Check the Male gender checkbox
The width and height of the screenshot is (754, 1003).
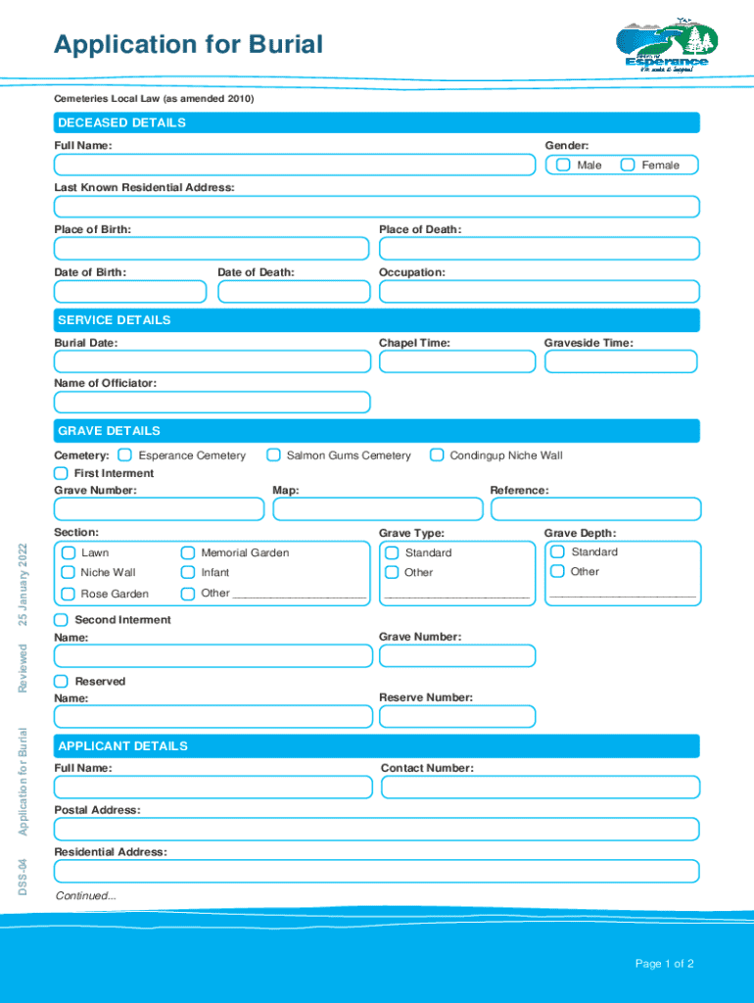click(x=564, y=165)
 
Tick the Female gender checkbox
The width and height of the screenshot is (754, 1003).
click(x=628, y=165)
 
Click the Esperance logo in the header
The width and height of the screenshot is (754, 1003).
click(x=666, y=47)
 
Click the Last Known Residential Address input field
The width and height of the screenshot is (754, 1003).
click(x=377, y=207)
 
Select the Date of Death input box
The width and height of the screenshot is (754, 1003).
click(x=294, y=292)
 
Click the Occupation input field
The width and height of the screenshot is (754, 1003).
click(x=539, y=292)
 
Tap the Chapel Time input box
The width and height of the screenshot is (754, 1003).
click(x=457, y=362)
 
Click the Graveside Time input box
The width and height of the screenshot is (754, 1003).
click(x=621, y=362)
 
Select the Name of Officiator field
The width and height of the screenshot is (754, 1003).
click(x=212, y=403)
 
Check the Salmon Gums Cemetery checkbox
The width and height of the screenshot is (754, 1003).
click(x=274, y=454)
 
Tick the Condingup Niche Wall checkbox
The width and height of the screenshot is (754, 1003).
click(x=438, y=454)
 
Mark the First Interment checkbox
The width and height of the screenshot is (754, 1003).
click(x=62, y=473)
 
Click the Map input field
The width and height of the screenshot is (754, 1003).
click(x=378, y=509)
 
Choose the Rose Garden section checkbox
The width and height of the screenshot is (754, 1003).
click(x=68, y=594)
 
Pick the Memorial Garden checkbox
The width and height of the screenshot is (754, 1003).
click(x=188, y=552)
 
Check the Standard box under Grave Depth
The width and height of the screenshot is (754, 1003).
click(x=557, y=551)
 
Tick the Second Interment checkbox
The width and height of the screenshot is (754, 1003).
click(x=62, y=620)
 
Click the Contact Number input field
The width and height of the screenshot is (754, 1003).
click(x=540, y=788)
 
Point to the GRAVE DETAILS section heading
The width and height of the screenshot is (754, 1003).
click(x=109, y=431)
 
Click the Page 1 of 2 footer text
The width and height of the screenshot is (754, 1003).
click(x=664, y=964)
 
